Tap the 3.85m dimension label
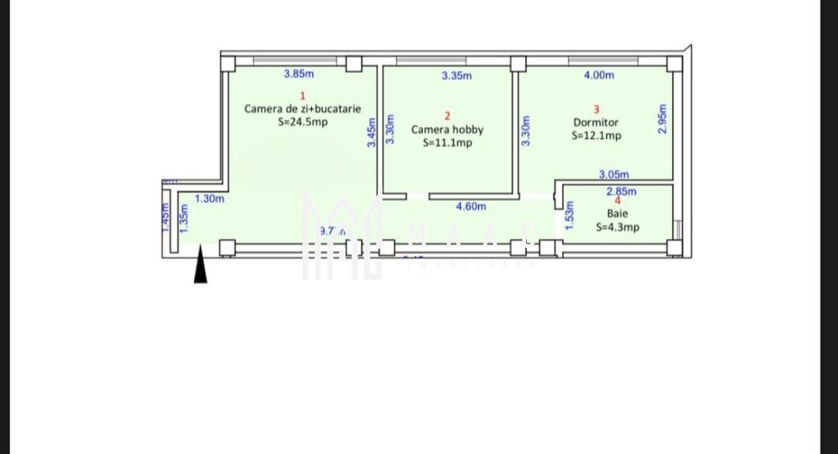299,75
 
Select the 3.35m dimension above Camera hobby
456,76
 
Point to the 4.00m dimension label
598,75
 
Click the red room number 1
302,95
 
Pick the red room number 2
447,116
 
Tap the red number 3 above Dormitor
596,109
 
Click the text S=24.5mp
303,122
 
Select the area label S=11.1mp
447,143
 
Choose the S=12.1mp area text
596,136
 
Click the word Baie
618,213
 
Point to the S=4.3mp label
618,227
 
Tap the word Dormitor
596,123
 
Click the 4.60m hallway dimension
471,206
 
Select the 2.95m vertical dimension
662,120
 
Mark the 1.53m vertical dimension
569,215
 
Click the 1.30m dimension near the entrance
209,199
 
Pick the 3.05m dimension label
614,175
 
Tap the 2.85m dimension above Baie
621,191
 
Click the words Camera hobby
447,130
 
